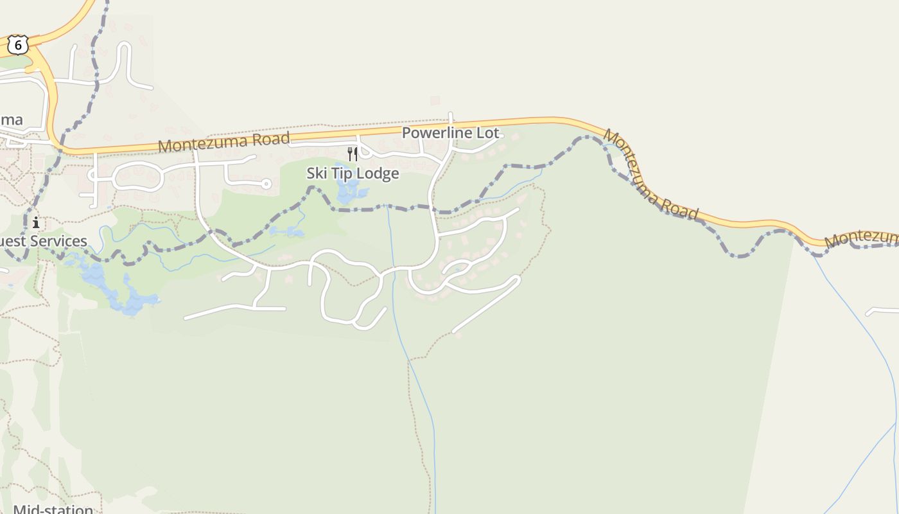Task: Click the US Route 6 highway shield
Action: point(18,44)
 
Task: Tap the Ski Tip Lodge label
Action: point(353,173)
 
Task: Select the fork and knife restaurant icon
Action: point(352,154)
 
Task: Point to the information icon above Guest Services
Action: point(36,223)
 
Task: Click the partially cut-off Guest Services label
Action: point(43,241)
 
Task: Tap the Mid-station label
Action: point(53,509)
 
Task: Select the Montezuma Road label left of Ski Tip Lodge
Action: point(223,141)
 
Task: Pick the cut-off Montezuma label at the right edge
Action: point(862,238)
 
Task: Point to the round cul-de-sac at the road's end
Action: point(266,184)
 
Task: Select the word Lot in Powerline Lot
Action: point(487,133)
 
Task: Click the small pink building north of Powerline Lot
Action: point(435,100)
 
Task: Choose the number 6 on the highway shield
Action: point(18,45)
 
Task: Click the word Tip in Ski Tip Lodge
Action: point(347,173)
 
